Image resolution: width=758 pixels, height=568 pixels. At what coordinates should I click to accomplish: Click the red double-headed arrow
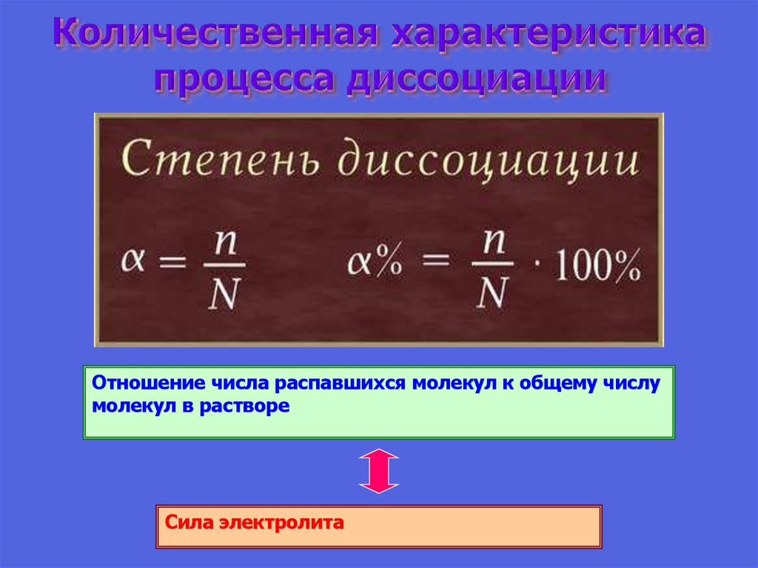tap(378, 471)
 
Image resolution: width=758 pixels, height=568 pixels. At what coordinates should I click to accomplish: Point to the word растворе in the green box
tap(252, 407)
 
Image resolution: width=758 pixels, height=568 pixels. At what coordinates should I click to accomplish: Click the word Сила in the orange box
tap(189, 523)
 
